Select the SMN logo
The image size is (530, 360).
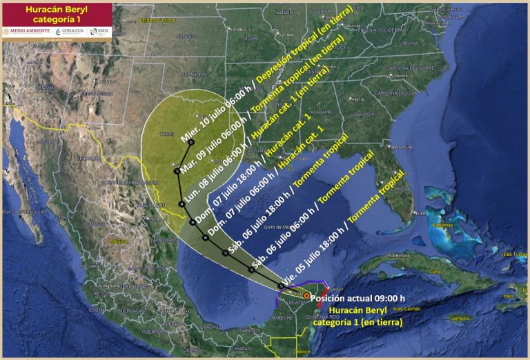pos(101,32)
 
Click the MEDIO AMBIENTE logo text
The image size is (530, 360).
pos(28,32)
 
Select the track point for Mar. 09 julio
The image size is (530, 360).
pos(177,170)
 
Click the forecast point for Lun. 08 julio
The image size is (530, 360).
pos(181,204)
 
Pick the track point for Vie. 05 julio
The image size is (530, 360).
pos(280,286)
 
